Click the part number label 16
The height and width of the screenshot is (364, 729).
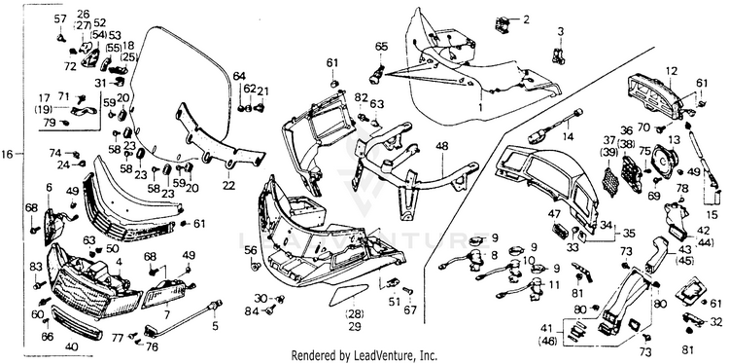8,154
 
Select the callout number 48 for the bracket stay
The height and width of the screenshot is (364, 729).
441,146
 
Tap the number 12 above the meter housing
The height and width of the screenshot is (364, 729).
671,72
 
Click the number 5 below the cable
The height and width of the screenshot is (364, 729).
215,326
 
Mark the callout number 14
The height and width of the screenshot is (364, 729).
568,137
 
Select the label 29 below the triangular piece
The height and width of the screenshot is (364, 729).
354,326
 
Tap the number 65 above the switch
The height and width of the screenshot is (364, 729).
381,47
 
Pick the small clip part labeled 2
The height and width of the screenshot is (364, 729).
503,24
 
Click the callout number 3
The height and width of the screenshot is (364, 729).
561,32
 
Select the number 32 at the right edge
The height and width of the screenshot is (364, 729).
717,321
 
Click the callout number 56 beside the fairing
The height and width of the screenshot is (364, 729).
251,250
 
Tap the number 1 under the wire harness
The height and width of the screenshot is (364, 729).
480,107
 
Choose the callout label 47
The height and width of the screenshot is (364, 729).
554,214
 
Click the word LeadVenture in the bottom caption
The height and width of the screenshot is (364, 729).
385,356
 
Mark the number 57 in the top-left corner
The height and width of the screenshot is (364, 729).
60,19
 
